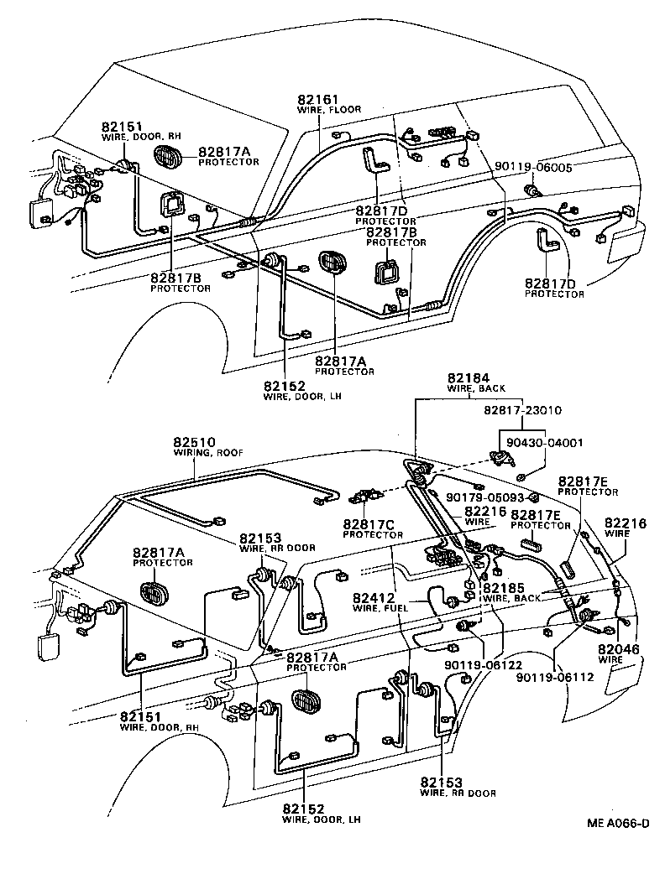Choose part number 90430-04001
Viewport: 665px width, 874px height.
[544, 442]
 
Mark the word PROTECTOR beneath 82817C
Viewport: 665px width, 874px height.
[373, 535]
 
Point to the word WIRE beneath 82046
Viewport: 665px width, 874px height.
[610, 660]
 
